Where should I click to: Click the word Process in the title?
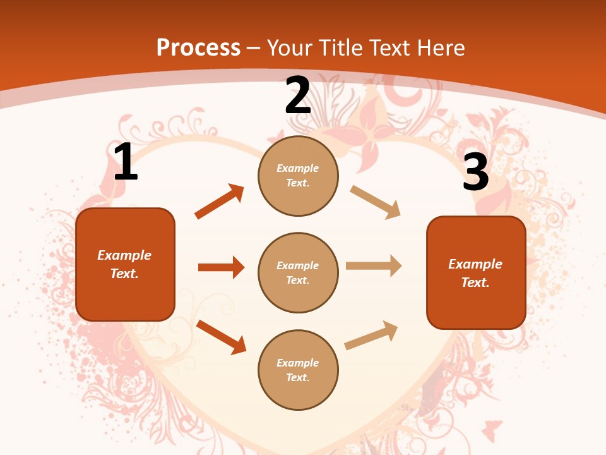[x=198, y=47]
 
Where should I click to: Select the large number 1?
[x=126, y=162]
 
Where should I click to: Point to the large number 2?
[x=298, y=95]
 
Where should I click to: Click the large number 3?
[x=475, y=172]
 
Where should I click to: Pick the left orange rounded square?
[x=125, y=264]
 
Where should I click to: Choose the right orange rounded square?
[x=476, y=272]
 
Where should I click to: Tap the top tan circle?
[x=298, y=176]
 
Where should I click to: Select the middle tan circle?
[x=298, y=272]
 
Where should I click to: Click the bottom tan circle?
[x=298, y=370]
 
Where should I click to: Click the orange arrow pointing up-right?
[x=219, y=202]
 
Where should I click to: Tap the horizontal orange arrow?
[x=221, y=267]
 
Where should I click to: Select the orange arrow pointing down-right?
[x=221, y=336]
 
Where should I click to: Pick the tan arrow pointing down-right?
[x=375, y=202]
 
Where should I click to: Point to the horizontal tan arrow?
[x=374, y=265]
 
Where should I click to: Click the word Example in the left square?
[x=124, y=255]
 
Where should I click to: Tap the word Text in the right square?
[x=475, y=282]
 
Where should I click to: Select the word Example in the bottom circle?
[x=298, y=363]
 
